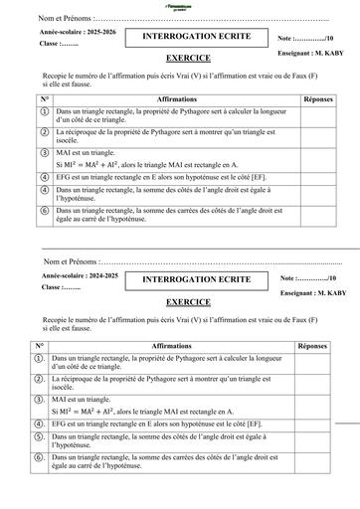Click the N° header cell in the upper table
[x=45, y=100]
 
